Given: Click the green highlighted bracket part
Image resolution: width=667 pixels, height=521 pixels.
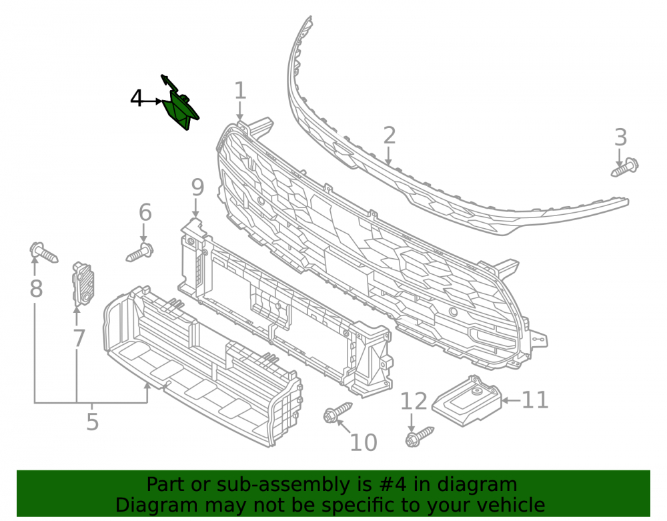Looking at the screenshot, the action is click(180, 109).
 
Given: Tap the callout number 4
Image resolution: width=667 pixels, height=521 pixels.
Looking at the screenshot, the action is click(136, 98).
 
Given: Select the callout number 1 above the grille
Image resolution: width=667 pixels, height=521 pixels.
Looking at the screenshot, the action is click(240, 91).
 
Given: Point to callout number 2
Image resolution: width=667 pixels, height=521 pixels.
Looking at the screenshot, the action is click(390, 135).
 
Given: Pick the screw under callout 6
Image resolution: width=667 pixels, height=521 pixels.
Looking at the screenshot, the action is click(140, 253).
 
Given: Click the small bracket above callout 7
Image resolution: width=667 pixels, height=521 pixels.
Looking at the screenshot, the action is click(83, 284).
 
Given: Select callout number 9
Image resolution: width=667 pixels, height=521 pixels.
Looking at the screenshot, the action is click(197, 187).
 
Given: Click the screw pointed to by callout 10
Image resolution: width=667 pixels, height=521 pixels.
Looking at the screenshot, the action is click(338, 412).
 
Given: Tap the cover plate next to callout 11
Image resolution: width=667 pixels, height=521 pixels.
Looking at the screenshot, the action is click(467, 400).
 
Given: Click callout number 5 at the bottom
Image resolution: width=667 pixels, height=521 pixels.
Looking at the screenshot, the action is click(92, 422).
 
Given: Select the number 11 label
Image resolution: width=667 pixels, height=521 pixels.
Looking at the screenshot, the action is click(535, 400).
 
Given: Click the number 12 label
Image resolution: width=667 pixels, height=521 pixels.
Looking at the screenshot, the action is click(414, 402).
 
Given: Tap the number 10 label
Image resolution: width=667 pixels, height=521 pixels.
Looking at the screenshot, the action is click(364, 443).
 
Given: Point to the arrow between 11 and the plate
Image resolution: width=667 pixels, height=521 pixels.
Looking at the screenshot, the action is click(511, 400).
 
